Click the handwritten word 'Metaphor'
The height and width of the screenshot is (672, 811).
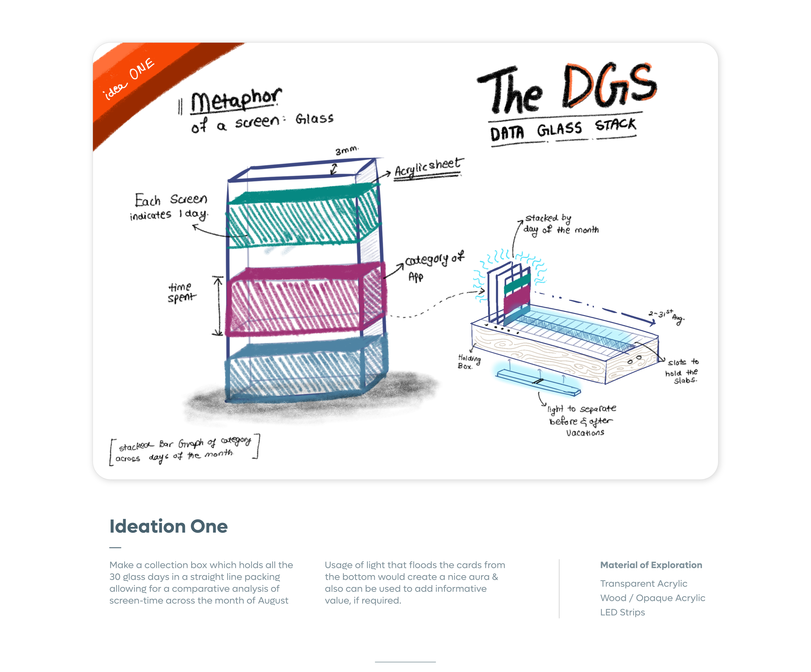click(x=236, y=100)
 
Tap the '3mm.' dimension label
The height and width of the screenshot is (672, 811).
click(x=346, y=150)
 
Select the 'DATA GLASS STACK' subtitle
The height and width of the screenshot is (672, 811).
click(x=563, y=129)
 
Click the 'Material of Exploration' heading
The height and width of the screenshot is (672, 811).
click(x=651, y=565)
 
